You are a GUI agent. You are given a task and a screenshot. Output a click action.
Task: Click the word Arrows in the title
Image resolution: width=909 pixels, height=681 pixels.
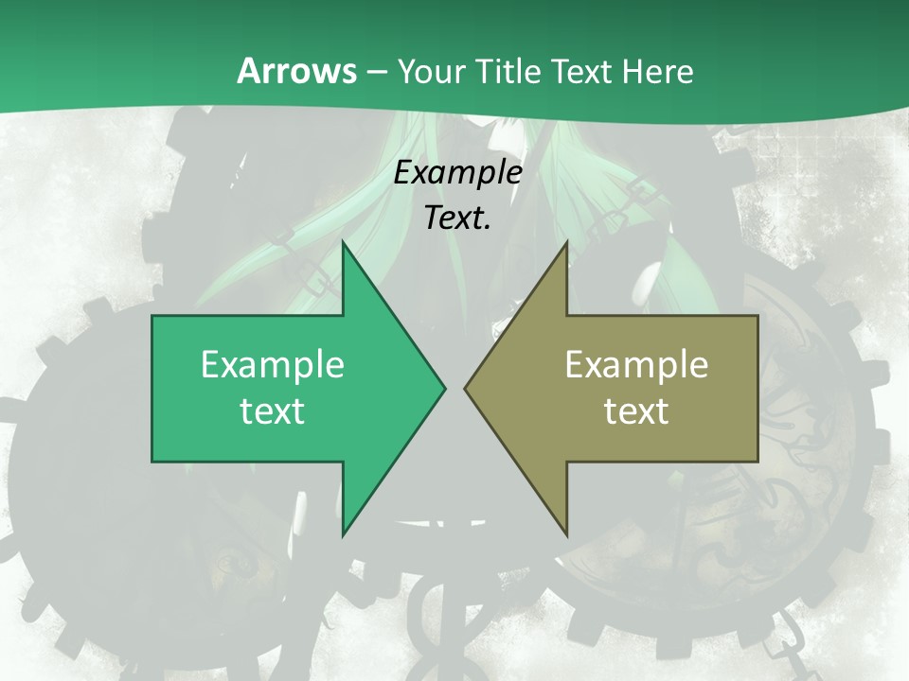295,71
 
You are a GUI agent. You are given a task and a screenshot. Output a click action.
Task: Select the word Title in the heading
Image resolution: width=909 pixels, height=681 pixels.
508,71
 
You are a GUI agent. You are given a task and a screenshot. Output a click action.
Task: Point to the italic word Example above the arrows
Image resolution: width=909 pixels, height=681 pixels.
458,172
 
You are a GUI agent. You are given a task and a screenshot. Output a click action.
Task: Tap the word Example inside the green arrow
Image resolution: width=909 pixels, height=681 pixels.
273,364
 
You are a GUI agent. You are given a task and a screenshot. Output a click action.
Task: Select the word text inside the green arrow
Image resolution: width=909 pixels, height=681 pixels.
273,410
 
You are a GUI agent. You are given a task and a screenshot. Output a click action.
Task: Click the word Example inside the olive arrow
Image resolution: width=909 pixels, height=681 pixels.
636,364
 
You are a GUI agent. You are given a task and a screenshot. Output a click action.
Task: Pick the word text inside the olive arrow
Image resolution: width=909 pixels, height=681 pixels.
636,410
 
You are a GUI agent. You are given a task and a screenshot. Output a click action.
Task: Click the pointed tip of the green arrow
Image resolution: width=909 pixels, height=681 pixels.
444,388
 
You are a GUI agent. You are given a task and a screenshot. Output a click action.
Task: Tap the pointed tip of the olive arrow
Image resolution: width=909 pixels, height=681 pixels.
465,388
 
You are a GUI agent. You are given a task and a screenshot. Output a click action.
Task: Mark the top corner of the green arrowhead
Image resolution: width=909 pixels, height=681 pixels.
343,243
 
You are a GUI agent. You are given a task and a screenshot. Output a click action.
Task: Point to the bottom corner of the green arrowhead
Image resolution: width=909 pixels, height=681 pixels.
343,535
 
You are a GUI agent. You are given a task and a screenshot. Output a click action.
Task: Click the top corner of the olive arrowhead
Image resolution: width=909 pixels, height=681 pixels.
566,243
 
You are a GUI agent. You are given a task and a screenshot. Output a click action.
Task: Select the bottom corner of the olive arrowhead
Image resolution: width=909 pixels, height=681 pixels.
566,535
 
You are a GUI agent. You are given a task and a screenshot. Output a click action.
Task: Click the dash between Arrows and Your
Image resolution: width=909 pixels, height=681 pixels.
375,73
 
